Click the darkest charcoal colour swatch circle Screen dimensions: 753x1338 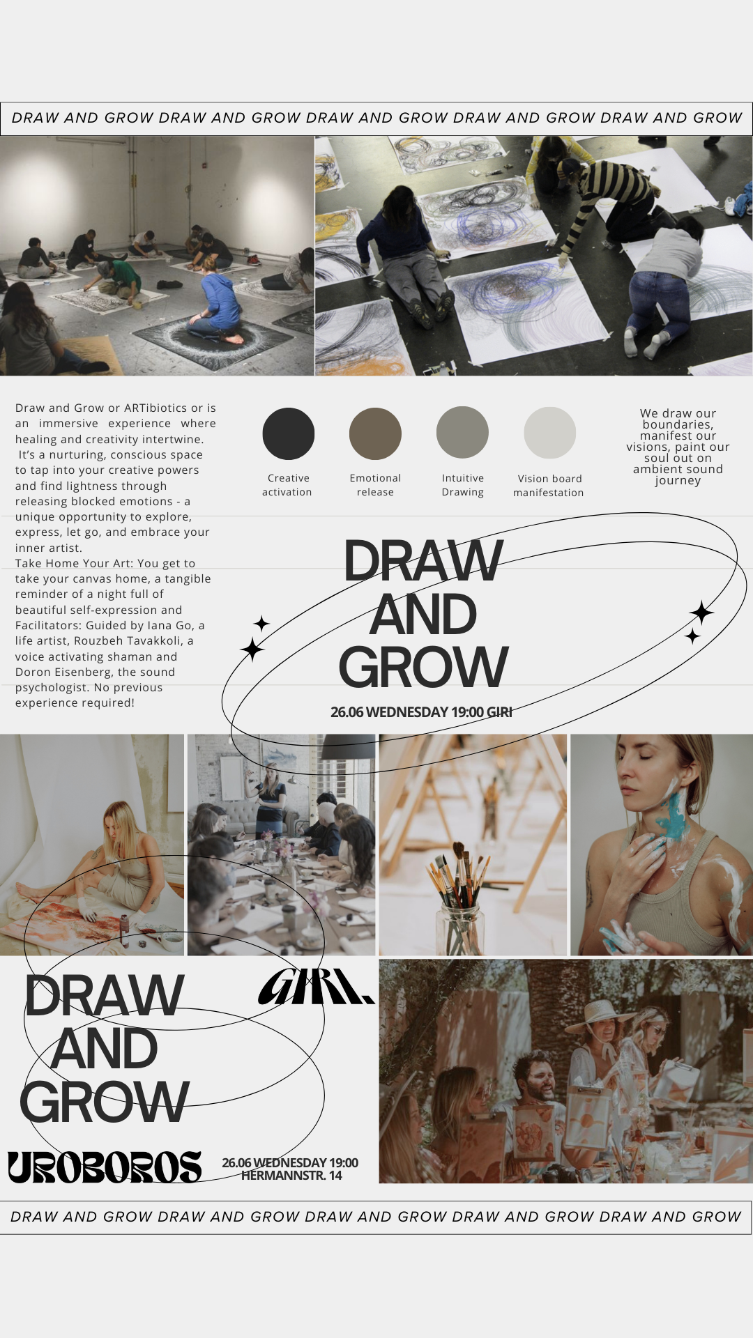[x=289, y=433]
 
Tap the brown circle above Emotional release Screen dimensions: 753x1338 [x=375, y=433]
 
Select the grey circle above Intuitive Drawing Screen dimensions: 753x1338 [x=462, y=433]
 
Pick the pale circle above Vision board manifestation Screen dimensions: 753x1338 [x=549, y=433]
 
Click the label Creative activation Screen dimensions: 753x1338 [x=287, y=485]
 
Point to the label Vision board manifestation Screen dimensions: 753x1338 [x=549, y=486]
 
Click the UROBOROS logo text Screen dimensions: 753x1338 [x=105, y=1167]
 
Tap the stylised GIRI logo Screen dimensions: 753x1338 [x=316, y=986]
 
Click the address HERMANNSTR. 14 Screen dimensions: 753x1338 [x=291, y=1176]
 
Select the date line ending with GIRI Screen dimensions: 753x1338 [x=421, y=712]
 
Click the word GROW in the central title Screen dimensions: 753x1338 [x=423, y=668]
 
